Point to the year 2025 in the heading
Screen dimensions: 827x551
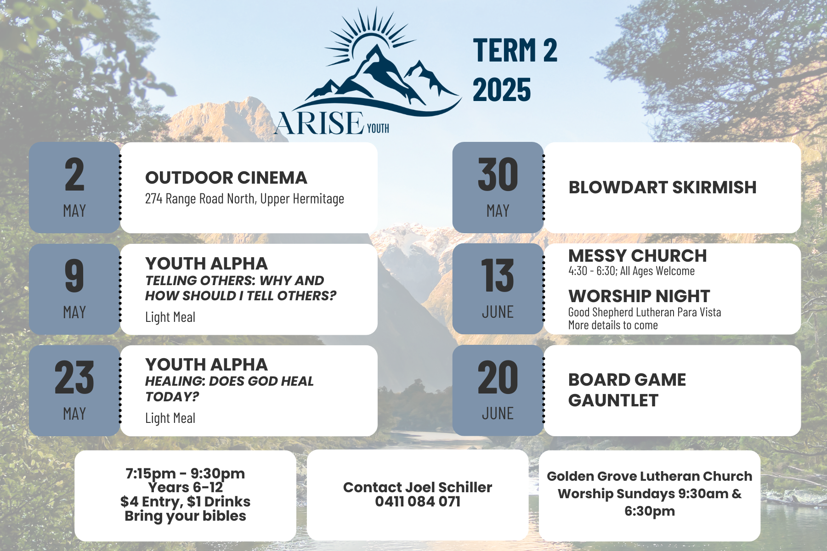coord(502,90)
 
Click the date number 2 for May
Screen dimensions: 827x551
coord(74,174)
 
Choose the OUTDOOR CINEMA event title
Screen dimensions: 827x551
coord(226,178)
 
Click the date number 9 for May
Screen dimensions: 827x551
coord(74,275)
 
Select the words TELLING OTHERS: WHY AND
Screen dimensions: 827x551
coord(234,280)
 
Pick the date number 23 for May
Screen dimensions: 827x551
coord(74,377)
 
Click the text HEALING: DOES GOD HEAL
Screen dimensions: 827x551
coord(229,381)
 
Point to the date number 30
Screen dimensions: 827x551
coord(498,174)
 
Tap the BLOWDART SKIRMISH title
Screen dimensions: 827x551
coord(663,187)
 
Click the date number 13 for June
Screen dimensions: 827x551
coord(498,275)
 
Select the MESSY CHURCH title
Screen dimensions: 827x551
coord(638,256)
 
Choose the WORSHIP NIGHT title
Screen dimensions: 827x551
coord(639,296)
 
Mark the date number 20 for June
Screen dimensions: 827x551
coord(498,377)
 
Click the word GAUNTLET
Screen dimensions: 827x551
coord(613,400)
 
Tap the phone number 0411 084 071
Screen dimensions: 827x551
coord(418,501)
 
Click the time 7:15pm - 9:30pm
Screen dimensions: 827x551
coord(185,473)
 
